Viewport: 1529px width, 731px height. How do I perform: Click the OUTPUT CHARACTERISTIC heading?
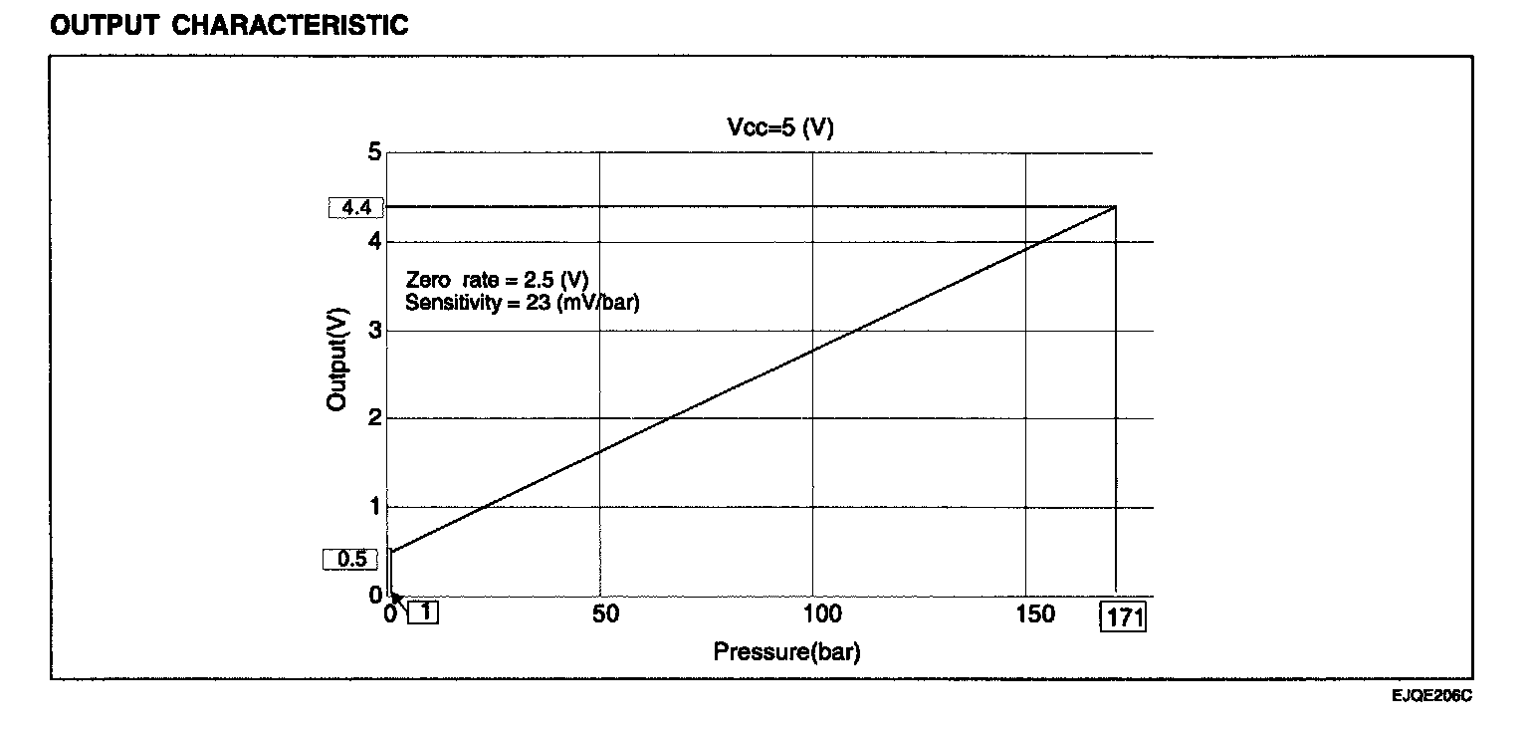point(229,26)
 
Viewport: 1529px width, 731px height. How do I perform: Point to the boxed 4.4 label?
point(355,208)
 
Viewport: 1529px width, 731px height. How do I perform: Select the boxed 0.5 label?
point(351,559)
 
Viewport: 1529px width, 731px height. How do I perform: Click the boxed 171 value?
point(1122,617)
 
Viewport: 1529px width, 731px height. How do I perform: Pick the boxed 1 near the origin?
point(424,612)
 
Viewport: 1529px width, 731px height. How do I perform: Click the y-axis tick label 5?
point(374,152)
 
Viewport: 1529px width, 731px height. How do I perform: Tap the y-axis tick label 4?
point(374,241)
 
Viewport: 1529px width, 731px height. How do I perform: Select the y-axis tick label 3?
point(374,330)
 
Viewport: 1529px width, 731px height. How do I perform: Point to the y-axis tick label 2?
point(374,418)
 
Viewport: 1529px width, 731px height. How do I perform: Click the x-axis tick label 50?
point(605,614)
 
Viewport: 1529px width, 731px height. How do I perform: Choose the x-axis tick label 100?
point(815,614)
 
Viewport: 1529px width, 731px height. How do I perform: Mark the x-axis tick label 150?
point(1035,614)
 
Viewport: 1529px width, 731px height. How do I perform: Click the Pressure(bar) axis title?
point(786,652)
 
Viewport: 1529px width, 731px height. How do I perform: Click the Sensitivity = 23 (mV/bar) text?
point(523,302)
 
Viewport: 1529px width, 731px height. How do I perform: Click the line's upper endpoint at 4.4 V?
point(1115,206)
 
